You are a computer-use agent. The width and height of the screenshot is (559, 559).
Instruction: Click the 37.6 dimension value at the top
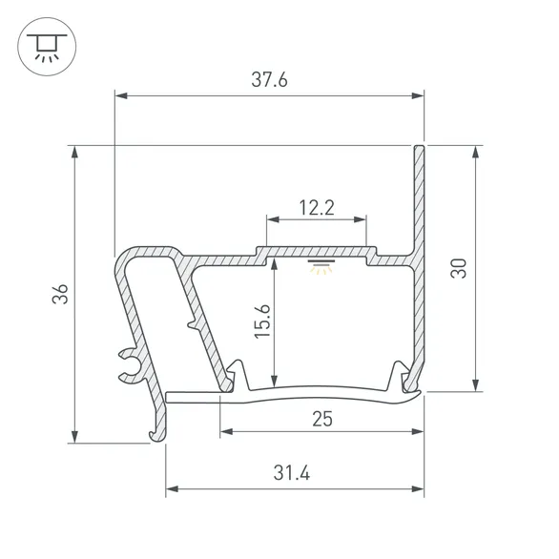click(x=269, y=81)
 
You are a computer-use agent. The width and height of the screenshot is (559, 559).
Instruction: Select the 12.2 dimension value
click(x=316, y=206)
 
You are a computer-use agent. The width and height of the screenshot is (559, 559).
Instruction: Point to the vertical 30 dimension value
click(x=460, y=268)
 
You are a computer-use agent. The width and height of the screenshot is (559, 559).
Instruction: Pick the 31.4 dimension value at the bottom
click(x=294, y=473)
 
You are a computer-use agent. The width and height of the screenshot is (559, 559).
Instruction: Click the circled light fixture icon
click(x=43, y=43)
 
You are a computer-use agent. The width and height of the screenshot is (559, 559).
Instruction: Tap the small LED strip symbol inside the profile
click(x=317, y=264)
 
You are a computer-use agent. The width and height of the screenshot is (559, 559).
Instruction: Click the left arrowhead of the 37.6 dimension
click(x=119, y=95)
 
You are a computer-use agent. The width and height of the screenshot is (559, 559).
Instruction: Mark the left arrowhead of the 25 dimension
click(x=225, y=432)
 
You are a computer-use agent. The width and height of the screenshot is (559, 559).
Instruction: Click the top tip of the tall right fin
click(x=419, y=148)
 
